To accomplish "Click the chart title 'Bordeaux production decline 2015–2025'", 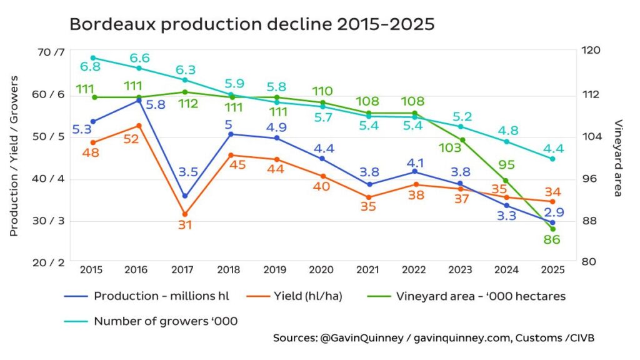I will [x=251, y=24].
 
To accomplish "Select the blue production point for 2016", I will [x=139, y=100].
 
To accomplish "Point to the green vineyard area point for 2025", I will [x=552, y=229].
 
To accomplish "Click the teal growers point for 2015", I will [x=93, y=57].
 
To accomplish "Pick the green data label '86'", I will [x=552, y=240].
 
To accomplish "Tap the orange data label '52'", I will [x=131, y=139].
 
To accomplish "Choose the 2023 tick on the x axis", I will [x=461, y=269].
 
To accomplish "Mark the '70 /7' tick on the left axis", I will [x=51, y=52].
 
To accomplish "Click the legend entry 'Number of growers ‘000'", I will [x=165, y=321].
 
